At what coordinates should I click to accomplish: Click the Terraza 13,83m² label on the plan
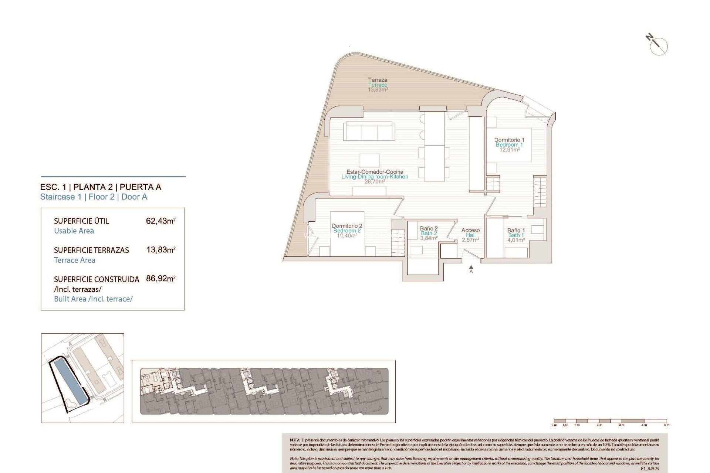tap(378, 85)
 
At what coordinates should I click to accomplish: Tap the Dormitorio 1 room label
tap(509, 144)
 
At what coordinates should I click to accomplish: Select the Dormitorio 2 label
tap(347, 230)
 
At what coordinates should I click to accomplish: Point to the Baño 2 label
tap(429, 233)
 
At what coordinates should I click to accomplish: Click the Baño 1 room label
tap(516, 235)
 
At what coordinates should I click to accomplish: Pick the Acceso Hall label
tap(470, 235)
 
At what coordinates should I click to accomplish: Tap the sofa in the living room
tap(369, 132)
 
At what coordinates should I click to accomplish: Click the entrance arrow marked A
tap(471, 268)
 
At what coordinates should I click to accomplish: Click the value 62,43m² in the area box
tap(160, 221)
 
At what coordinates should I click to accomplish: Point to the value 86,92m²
tap(160, 279)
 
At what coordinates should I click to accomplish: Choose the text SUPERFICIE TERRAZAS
tap(91, 250)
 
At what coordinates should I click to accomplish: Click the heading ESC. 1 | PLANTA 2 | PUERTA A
tap(101, 187)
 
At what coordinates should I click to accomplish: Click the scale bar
tap(610, 421)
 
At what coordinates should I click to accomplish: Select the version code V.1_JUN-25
tap(649, 469)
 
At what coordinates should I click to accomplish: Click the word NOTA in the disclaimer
tap(295, 440)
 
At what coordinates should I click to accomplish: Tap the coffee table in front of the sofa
tap(369, 160)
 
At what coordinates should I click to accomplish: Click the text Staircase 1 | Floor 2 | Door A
tap(94, 197)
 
